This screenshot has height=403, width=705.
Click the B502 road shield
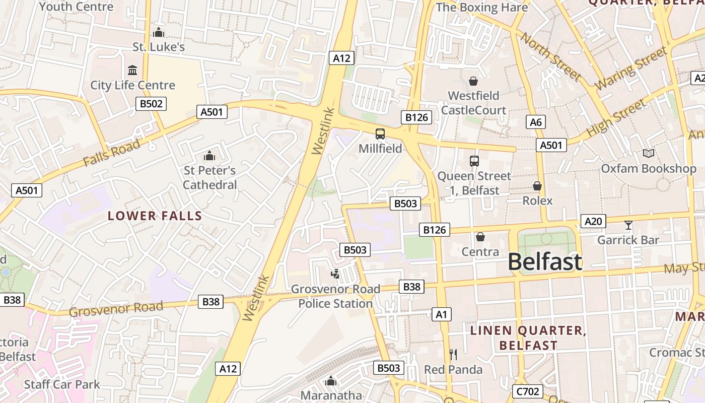coord(151,104)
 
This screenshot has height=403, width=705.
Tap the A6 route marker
coord(536,122)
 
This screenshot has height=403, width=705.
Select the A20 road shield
coord(593,221)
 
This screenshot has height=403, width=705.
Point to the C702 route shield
coord(527,391)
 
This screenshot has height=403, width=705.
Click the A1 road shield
coord(441,315)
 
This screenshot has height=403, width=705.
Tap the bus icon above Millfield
coord(380,134)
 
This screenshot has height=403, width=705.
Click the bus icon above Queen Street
coord(474,161)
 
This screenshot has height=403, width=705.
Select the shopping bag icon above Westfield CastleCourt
coord(473,81)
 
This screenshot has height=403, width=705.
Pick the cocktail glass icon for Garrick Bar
coord(628,225)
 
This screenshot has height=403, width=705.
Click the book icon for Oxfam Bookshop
coord(649,154)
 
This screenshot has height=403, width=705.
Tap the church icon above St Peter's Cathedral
coord(209,156)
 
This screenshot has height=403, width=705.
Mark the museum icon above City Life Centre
coord(132,70)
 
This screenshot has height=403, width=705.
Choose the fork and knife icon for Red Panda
coord(453,355)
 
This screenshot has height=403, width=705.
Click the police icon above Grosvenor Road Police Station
coord(335,274)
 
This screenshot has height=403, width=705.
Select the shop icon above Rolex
coord(537,186)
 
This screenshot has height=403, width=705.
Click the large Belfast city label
coord(545,262)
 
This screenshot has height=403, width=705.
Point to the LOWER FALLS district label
coord(155,216)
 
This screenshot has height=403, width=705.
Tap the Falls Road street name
coord(112,153)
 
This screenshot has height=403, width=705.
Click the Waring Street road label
coord(631,69)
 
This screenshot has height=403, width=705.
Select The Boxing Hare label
coord(481,8)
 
